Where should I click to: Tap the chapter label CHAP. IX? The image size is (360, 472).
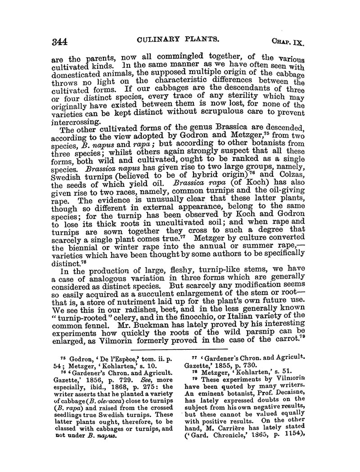(x=288, y=44)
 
